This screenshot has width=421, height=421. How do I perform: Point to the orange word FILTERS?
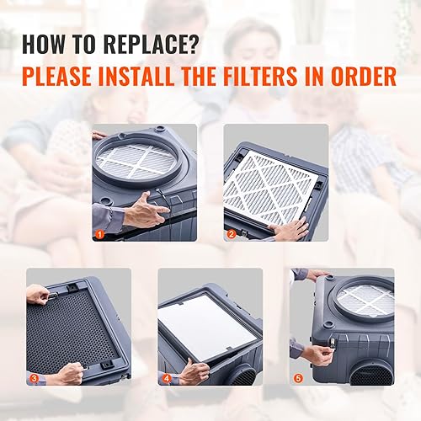(285, 77)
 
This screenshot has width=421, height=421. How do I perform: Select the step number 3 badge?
(35, 378)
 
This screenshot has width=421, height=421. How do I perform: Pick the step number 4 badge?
(166, 378)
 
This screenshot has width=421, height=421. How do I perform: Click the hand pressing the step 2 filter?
(290, 229)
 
